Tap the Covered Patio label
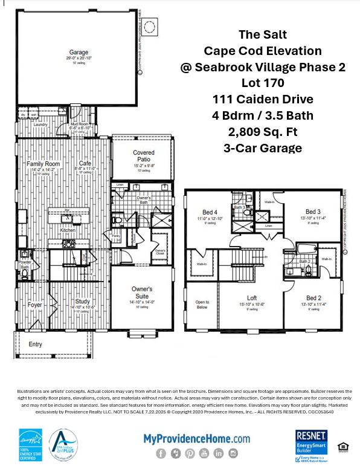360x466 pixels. (143, 156)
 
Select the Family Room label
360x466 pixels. (43, 164)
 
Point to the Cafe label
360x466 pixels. (85, 164)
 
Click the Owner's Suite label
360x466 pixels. (142, 293)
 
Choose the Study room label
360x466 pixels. (82, 302)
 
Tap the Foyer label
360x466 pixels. (35, 305)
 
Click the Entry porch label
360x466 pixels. (36, 345)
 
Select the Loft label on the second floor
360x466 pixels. (252, 298)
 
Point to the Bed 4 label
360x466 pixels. (210, 213)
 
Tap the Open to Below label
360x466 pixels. (202, 305)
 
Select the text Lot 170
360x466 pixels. (263, 82)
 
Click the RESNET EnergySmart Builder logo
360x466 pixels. (311, 445)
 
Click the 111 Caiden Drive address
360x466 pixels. (263, 99)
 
